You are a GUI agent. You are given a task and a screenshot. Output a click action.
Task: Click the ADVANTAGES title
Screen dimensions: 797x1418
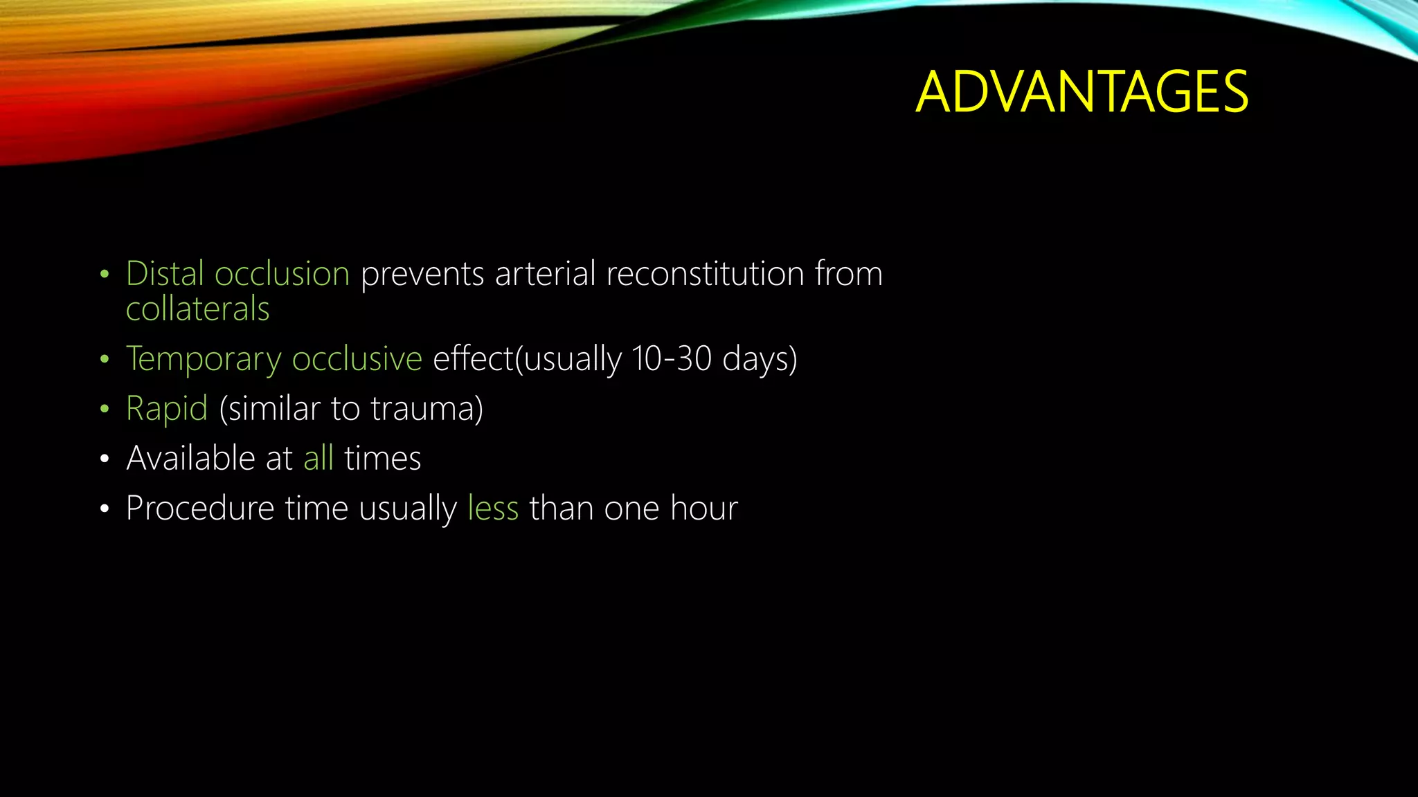point(1082,92)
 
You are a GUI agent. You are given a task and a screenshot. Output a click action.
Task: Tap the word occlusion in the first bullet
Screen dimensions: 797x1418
point(282,274)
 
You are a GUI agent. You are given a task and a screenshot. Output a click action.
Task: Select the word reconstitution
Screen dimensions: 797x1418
point(704,274)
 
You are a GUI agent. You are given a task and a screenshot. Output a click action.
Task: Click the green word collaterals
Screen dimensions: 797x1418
point(197,309)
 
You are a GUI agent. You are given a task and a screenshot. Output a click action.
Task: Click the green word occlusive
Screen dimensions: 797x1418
point(357,359)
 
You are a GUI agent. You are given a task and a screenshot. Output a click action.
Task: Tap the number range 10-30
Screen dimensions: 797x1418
point(671,359)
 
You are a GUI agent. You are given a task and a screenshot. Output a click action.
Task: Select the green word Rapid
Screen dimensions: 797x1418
point(167,409)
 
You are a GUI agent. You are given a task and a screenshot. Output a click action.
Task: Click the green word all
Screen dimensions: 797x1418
point(318,459)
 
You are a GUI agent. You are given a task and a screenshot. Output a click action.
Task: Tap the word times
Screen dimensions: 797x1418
point(382,459)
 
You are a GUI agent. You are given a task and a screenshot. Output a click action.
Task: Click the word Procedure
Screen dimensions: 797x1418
point(200,509)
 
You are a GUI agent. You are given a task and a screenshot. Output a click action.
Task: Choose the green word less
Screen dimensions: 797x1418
point(493,509)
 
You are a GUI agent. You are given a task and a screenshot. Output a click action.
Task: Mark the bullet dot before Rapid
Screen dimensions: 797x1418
point(105,410)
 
